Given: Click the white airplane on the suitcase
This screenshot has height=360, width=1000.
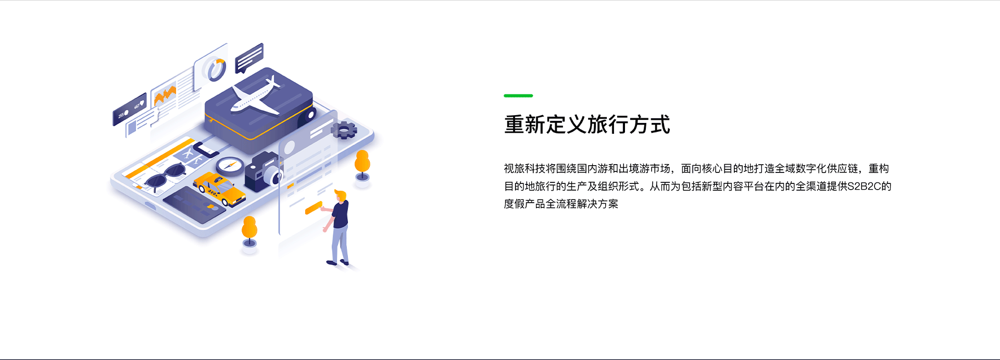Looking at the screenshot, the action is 256,98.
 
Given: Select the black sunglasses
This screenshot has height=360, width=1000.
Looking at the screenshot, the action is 166,176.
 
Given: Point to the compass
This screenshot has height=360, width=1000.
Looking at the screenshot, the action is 230,166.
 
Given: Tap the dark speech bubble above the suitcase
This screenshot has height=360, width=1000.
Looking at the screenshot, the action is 249,58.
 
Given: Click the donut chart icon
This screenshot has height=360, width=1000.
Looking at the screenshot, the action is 216,69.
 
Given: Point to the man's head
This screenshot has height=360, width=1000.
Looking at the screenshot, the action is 340,196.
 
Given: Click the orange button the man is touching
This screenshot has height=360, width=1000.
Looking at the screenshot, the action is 314,208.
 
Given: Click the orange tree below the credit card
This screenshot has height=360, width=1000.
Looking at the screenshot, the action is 249,231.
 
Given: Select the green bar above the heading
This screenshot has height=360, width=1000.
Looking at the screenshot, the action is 518,96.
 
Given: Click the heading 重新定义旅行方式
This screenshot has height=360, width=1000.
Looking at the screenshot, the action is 587,125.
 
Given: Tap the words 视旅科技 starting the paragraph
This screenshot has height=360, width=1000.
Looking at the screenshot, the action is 524,168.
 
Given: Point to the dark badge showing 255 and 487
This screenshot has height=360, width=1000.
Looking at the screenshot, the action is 130,109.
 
